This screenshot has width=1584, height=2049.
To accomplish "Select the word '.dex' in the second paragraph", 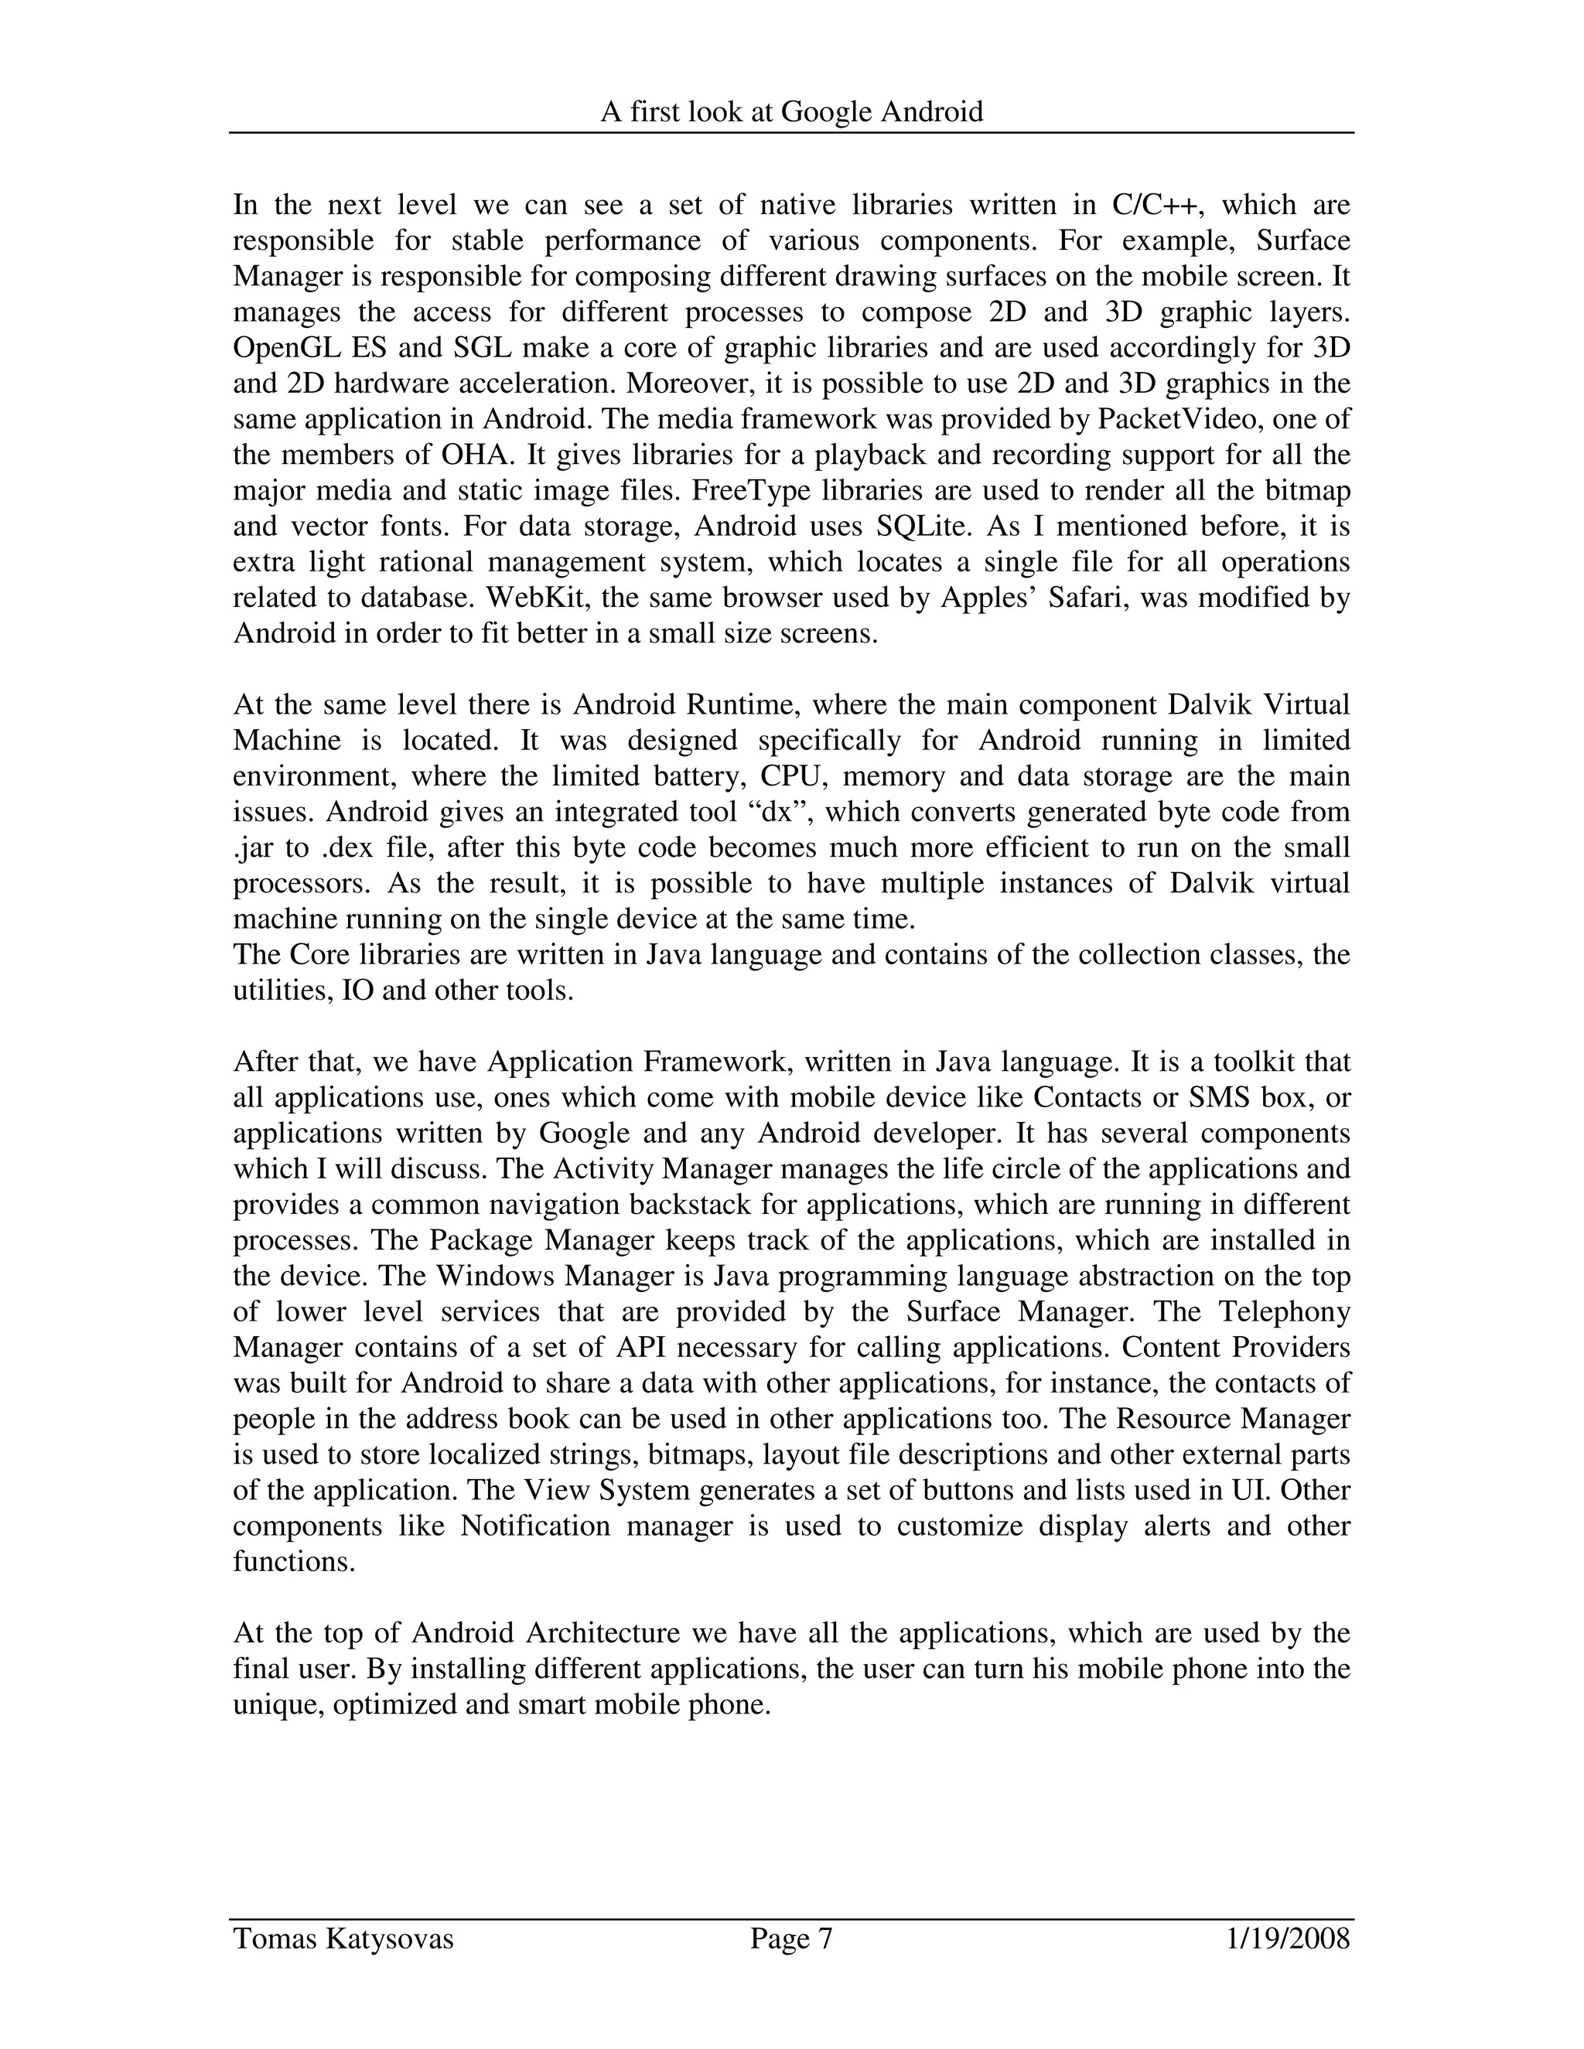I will pyautogui.click(x=350, y=847).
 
